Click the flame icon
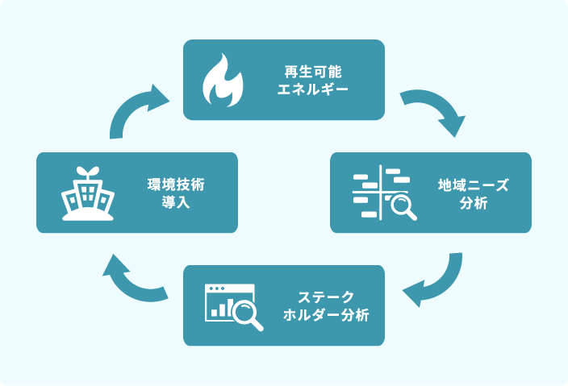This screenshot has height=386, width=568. pos(223,81)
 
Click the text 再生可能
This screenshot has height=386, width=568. pos(313,72)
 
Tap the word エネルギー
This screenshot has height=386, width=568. pos(313,89)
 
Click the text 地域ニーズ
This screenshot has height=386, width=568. pos(473,185)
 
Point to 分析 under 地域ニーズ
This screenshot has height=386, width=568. pos(474,203)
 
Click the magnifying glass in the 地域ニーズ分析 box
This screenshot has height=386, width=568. pos(403,207)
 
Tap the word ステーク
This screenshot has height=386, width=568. pos(326,297)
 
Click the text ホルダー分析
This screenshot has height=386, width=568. pos(326,315)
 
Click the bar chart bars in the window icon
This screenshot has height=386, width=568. pos(222,308)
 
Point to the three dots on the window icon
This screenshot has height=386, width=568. pos(216,288)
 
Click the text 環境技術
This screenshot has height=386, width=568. pos(176,185)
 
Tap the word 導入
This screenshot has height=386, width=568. pos(176,201)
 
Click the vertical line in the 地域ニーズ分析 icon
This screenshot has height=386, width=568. pos(380,192)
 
